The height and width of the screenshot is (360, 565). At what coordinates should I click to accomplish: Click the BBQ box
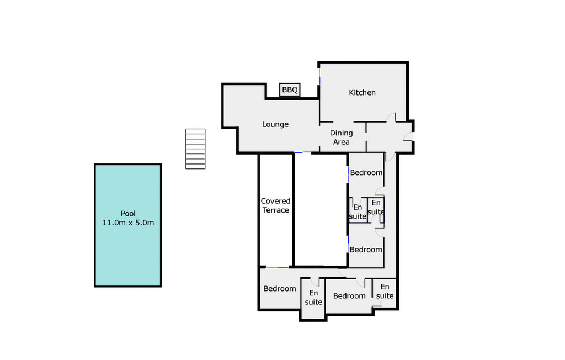pos(290,90)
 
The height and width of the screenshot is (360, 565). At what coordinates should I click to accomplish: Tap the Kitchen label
pos(362,93)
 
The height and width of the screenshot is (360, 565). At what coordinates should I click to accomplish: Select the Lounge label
pos(275,124)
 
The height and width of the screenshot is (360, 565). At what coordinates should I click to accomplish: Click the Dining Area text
pos(341,137)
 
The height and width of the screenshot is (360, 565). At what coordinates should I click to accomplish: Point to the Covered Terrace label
pos(276,205)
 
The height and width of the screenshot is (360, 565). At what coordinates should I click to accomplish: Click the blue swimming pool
pos(128,225)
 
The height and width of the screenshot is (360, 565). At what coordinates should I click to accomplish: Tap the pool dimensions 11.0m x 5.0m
pos(128,223)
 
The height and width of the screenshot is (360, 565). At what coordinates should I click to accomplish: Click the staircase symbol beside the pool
pos(195,149)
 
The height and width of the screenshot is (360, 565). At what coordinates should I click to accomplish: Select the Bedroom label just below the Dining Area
pos(366,173)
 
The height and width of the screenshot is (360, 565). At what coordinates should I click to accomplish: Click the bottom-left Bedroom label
pos(280,289)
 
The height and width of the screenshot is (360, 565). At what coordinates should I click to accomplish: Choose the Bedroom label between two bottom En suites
pos(349,296)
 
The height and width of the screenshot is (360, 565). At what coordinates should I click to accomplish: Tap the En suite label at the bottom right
pos(385,291)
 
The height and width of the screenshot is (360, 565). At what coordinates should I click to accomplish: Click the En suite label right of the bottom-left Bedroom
pos(313,298)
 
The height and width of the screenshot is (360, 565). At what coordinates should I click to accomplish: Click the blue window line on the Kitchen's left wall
pos(319,77)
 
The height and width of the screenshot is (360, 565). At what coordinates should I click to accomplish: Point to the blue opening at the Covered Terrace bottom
pos(277,268)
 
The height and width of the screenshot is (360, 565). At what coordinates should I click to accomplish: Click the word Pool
pos(128,214)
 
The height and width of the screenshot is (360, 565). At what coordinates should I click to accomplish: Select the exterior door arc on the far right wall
pos(408,136)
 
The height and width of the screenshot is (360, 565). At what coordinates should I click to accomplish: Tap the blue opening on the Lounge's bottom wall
pos(303,152)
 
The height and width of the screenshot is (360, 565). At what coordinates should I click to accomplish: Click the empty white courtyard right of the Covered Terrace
pos(321,210)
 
